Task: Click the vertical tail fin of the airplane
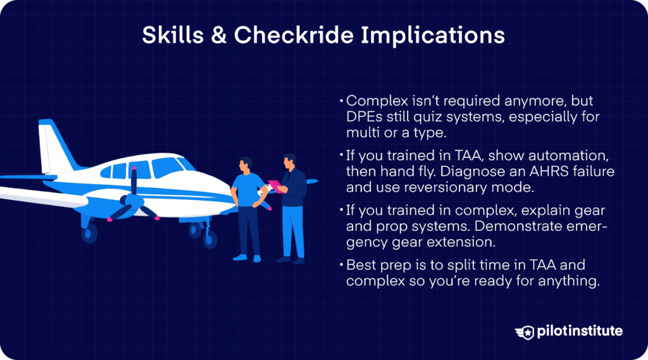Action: tap(51, 144)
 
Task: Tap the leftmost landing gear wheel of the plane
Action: tap(89, 233)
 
